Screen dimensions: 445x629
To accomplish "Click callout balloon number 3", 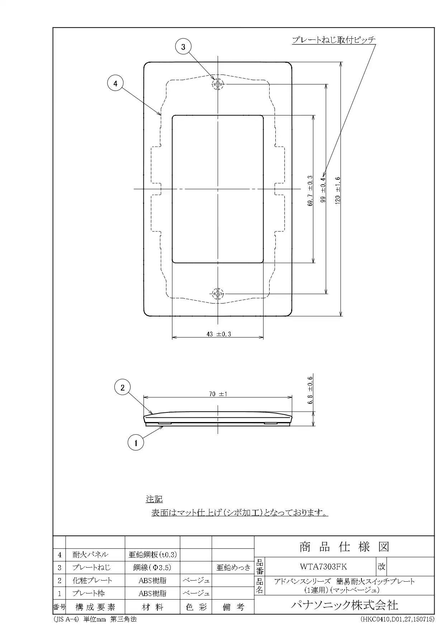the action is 183,47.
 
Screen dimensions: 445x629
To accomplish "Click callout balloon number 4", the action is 115,84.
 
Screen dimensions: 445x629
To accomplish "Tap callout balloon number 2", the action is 123,387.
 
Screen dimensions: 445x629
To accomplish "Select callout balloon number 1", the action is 136,443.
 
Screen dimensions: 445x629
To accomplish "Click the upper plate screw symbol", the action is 218,85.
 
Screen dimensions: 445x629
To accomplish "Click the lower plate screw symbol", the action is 218,294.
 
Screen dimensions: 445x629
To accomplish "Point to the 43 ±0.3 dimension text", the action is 219,334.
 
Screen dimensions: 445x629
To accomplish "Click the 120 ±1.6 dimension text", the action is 337,190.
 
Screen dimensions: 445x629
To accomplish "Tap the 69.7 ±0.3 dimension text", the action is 310,190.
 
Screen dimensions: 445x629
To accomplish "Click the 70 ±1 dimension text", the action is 218,394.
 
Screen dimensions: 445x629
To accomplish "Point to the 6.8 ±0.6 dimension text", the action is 311,390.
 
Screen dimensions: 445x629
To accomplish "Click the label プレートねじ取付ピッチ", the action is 334,40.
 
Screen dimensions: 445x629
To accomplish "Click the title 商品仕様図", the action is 344,547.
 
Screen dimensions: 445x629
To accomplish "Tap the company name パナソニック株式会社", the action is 344,605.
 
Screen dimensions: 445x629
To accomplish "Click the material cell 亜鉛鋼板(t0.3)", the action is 153,554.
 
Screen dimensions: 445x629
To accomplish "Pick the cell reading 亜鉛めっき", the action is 233,567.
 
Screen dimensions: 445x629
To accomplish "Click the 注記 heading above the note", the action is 154,499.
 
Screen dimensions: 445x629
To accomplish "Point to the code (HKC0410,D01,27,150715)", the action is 398,619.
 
